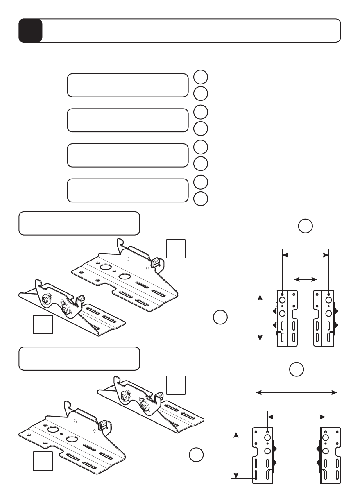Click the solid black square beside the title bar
pyautogui.click(x=30, y=31)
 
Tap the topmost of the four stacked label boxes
pyautogui.click(x=127, y=85)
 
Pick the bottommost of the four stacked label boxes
pyautogui.click(x=127, y=190)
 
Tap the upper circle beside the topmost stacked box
pyautogui.click(x=201, y=77)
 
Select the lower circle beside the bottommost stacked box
pyautogui.click(x=201, y=199)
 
